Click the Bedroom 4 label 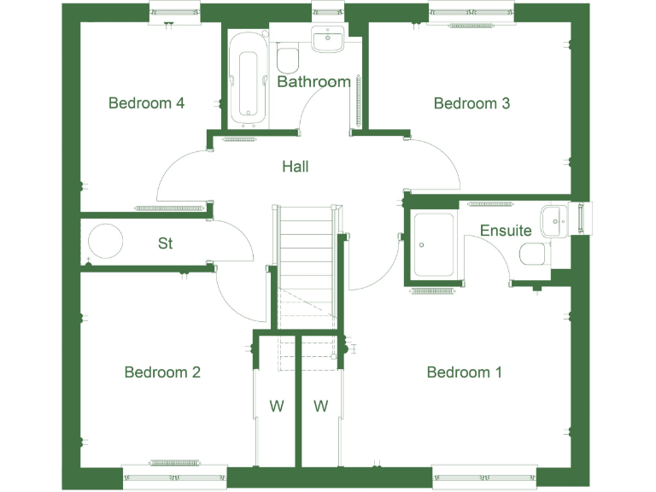point(146,103)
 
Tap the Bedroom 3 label point(471,103)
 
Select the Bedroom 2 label point(162,372)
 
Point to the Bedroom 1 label point(465,372)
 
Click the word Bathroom point(313,82)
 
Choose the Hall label point(296,167)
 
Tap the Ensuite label point(506,231)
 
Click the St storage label point(166,243)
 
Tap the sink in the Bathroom point(327,38)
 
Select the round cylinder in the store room point(107,243)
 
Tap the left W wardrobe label point(277,407)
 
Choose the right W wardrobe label point(320,407)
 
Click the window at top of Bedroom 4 point(174,14)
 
